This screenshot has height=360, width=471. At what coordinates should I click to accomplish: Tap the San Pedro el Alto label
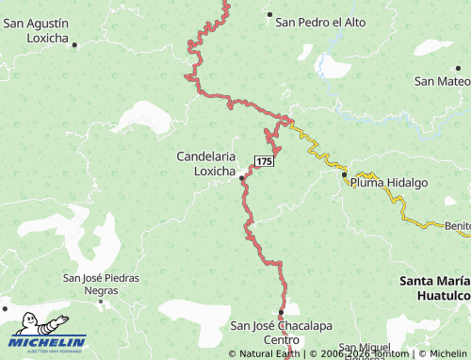click(320, 20)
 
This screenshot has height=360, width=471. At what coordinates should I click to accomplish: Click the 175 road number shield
click(264, 162)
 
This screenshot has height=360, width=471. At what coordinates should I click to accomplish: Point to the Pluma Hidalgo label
click(389, 183)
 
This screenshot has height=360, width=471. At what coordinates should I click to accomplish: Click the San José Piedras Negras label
click(101, 284)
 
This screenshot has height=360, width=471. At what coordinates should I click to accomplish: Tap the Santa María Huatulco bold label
click(434, 287)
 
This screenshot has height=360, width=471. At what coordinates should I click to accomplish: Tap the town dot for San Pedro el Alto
click(269, 15)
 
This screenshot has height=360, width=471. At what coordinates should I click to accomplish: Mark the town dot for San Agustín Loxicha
click(75, 44)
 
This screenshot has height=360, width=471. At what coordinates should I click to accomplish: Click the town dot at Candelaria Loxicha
click(241, 177)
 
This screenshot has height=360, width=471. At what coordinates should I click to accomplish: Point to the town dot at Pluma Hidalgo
click(344, 174)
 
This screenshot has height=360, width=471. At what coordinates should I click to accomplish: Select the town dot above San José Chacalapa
click(281, 312)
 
